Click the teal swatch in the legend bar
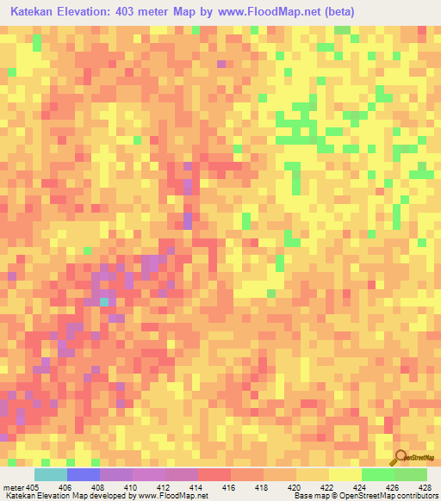point(51,474)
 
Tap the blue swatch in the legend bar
point(84,474)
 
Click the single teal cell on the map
point(104,301)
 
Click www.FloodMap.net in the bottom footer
point(171,496)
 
